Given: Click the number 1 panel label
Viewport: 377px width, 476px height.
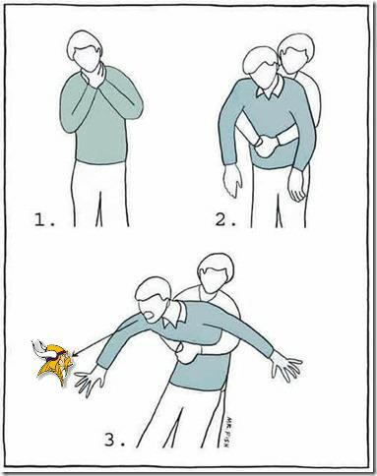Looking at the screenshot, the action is pyautogui.click(x=44, y=220).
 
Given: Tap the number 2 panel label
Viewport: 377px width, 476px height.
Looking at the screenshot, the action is pyautogui.click(x=225, y=219).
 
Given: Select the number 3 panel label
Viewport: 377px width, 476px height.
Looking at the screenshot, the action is pyautogui.click(x=115, y=440).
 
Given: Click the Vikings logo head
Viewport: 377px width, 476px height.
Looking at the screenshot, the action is pyautogui.click(x=54, y=362).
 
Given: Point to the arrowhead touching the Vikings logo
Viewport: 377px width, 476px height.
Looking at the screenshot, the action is pyautogui.click(x=76, y=354).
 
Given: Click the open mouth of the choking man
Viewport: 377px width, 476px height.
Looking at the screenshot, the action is pyautogui.click(x=149, y=316).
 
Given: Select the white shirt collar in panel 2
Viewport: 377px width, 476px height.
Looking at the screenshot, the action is pyautogui.click(x=271, y=88).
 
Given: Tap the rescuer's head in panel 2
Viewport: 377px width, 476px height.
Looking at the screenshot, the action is pyautogui.click(x=295, y=53).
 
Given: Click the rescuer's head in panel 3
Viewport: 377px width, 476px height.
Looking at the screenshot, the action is pyautogui.click(x=216, y=272).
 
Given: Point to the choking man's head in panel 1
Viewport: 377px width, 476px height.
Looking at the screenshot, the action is pyautogui.click(x=85, y=50).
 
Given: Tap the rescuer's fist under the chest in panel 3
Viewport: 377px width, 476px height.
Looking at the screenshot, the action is pyautogui.click(x=184, y=353).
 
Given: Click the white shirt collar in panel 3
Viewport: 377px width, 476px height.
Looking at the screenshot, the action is pyautogui.click(x=175, y=315).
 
